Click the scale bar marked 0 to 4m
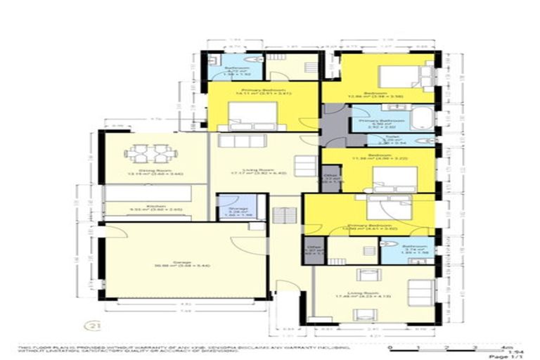[446, 347]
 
